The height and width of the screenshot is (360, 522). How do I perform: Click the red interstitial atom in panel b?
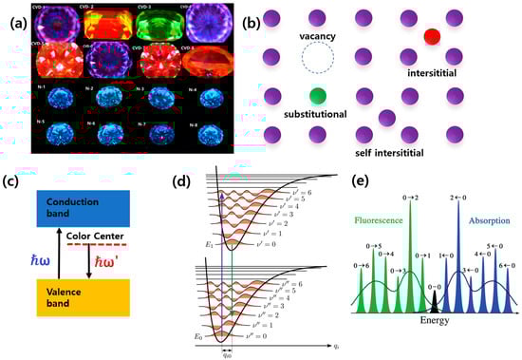[x=432, y=36]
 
